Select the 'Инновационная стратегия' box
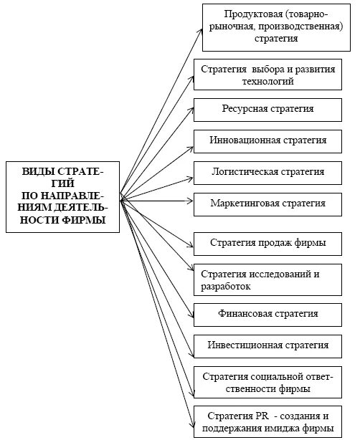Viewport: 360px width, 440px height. tap(267, 140)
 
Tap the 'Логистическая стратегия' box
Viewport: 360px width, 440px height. tap(267, 172)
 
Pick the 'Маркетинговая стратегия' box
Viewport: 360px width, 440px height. tap(267, 204)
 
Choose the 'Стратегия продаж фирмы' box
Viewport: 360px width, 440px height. tap(267, 244)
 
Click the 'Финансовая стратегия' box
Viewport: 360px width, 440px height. tap(267, 313)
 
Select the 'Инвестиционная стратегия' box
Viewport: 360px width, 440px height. tap(267, 345)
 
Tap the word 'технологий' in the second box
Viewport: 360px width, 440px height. tap(267, 82)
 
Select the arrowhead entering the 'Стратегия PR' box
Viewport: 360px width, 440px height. tap(191, 422)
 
